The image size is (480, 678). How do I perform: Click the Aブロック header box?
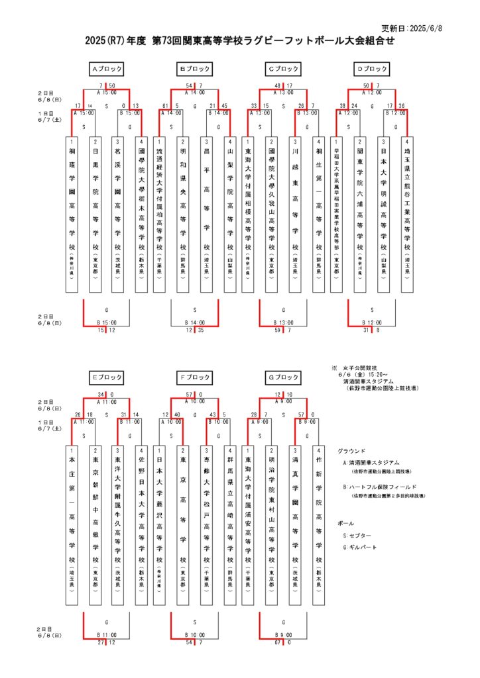tap(107, 68)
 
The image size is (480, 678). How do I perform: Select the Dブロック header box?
tap(372, 68)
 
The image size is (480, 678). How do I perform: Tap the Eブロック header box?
tap(107, 377)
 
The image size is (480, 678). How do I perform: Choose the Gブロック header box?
tap(284, 377)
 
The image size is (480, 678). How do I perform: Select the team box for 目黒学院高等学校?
tap(95, 214)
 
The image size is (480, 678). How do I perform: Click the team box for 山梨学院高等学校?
tap(229, 214)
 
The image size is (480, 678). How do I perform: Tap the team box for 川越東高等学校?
tap(296, 214)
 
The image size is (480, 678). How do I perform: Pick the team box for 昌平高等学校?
tap(207, 214)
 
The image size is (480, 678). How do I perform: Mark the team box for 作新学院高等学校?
tap(318, 523)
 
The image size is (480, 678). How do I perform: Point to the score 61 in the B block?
tap(165, 105)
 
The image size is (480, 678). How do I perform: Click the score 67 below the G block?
tap(278, 642)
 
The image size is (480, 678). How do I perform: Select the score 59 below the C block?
tap(276, 330)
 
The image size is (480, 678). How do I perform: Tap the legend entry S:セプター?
tap(357, 534)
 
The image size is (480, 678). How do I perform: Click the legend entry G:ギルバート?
tap(359, 548)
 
